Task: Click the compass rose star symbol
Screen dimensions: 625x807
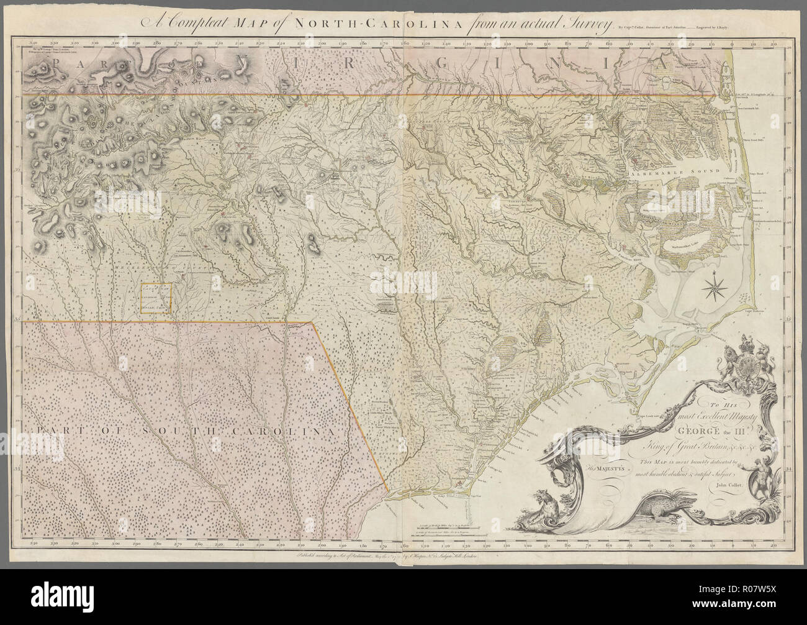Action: (x=715, y=287)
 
